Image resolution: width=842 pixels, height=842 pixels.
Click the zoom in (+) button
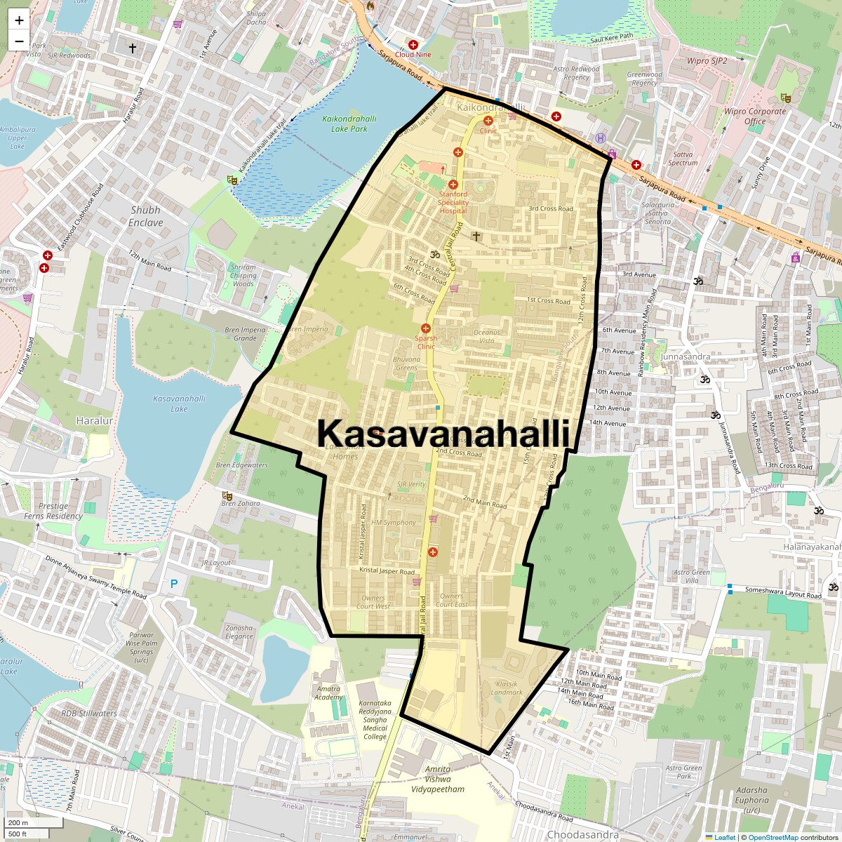point(19,20)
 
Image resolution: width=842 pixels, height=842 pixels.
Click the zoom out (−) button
point(19,41)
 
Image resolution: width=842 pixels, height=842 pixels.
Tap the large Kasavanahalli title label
point(443,433)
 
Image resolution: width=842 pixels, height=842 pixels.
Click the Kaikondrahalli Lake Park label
point(349,123)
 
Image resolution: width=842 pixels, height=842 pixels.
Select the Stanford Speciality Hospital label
point(453,202)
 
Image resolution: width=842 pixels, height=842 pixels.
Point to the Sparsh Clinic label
point(426,342)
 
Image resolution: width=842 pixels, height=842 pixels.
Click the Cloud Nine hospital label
point(413,54)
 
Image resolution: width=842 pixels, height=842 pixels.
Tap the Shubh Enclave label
point(145,216)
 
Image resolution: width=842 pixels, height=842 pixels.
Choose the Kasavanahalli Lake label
point(179,403)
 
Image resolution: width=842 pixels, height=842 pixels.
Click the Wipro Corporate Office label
point(755,116)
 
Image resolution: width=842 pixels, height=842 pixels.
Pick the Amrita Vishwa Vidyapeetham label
point(435,779)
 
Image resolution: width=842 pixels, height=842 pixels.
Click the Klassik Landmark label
point(507,688)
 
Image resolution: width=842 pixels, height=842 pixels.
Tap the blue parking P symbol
point(174,583)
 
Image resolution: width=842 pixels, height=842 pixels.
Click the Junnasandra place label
point(686,356)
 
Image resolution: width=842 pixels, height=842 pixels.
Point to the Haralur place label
point(94,421)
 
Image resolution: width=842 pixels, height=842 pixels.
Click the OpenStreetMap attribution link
point(773,837)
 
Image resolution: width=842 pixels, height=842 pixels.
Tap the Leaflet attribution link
point(725,837)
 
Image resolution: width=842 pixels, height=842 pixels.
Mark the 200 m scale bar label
point(19,822)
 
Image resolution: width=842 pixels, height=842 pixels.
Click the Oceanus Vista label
point(487,336)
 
